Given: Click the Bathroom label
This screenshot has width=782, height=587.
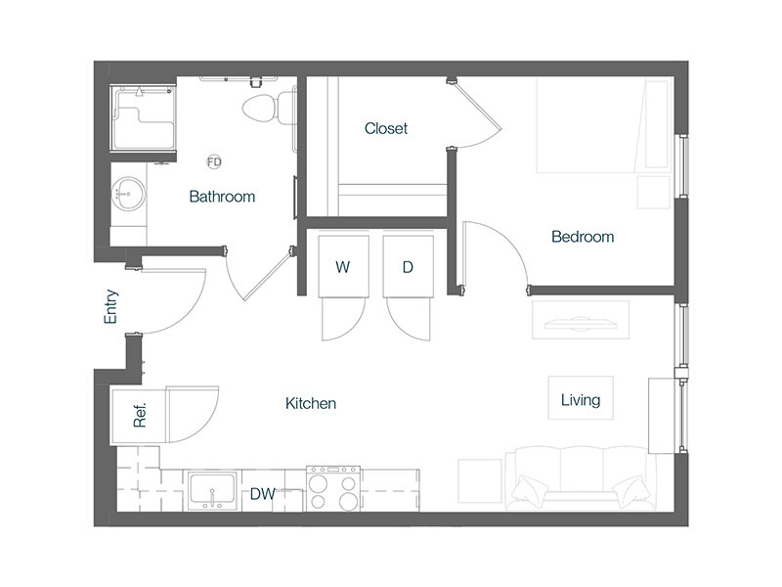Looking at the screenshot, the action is pos(222,197).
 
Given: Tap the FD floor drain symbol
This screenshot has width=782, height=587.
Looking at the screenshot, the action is pos(214,161).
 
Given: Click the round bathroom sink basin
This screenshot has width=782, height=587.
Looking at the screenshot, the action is pos(129,193).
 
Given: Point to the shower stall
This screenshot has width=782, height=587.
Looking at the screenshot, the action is pos(143,117).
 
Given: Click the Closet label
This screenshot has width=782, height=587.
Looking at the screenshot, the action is pos(385,129).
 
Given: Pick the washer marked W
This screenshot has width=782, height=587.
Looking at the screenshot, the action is pos(343,266).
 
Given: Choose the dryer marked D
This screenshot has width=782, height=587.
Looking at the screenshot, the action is pos(408,266).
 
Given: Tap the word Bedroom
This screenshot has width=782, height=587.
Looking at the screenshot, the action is pos(583,237).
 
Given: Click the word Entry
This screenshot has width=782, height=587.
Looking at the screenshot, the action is pos(110,306).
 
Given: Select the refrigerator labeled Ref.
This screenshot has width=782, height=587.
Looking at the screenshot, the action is pos(139,415).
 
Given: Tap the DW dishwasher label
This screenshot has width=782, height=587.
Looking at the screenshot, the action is pos(262,494).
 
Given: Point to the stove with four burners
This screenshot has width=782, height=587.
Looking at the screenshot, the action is pos(333,488).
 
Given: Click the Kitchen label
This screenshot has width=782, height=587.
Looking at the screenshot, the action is pos(311,403).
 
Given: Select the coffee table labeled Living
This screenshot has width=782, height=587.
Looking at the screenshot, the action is pos(581,398).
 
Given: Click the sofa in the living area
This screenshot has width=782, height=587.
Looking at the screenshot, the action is pos(581,478).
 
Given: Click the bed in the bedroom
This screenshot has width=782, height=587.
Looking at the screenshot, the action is pos(602,125).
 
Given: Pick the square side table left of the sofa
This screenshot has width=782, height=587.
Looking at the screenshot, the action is pos(480,480).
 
